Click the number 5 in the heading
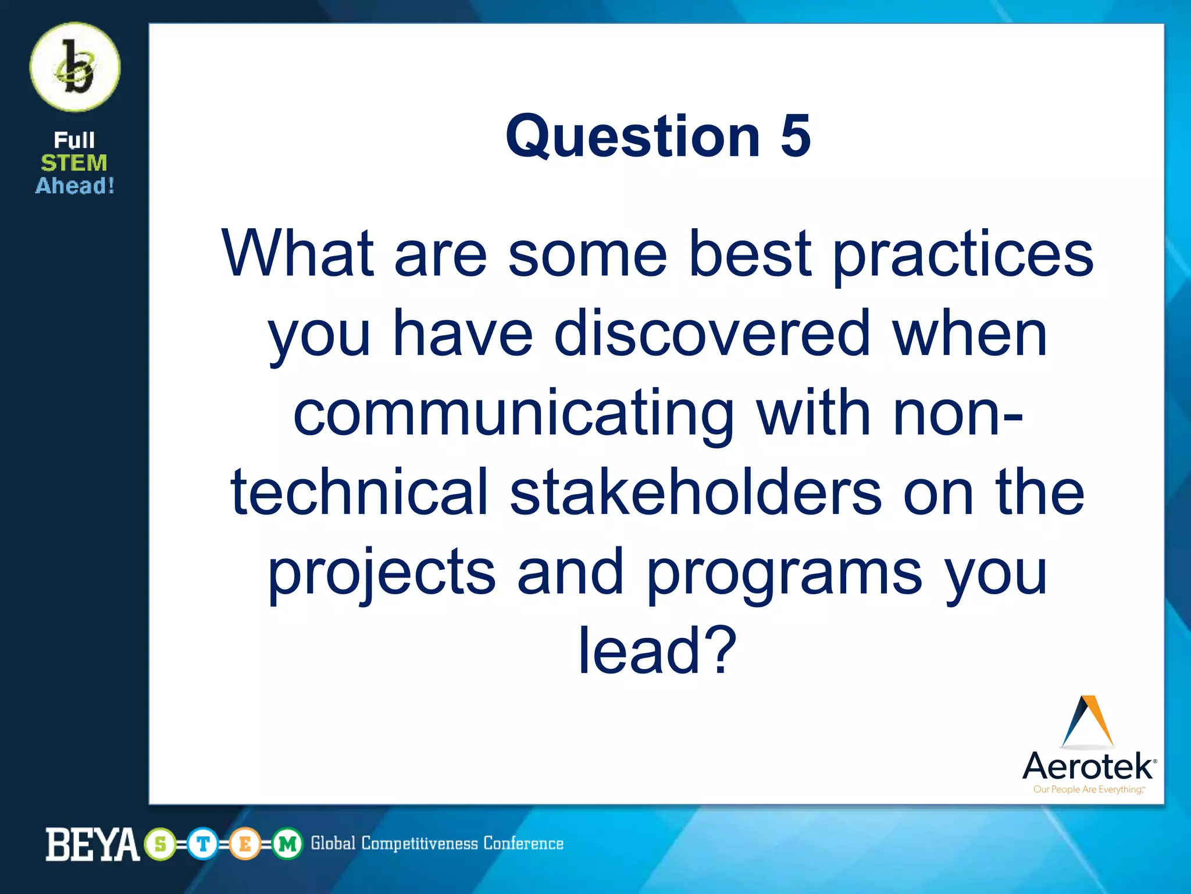[x=795, y=136]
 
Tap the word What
[x=297, y=254]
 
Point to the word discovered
[x=712, y=334]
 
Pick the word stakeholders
[x=696, y=492]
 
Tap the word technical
[x=359, y=492]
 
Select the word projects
[x=381, y=573]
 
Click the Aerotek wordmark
[x=1088, y=766]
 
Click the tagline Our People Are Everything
[x=1088, y=790]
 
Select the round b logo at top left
[x=75, y=68]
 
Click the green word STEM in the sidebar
[x=74, y=163]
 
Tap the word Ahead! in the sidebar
[x=75, y=186]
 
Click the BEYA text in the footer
[x=92, y=845]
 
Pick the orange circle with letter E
[x=245, y=844]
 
